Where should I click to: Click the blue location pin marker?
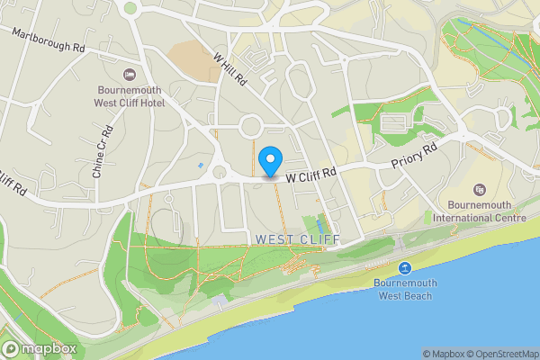pos(270,161)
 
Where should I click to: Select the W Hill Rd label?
pos(230,67)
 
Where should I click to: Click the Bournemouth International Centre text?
pos(477,211)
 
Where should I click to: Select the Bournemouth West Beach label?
pos(406,289)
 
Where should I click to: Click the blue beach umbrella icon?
pos(406,267)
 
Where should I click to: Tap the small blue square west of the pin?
pos(200,166)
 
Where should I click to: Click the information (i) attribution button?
pos(531,354)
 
